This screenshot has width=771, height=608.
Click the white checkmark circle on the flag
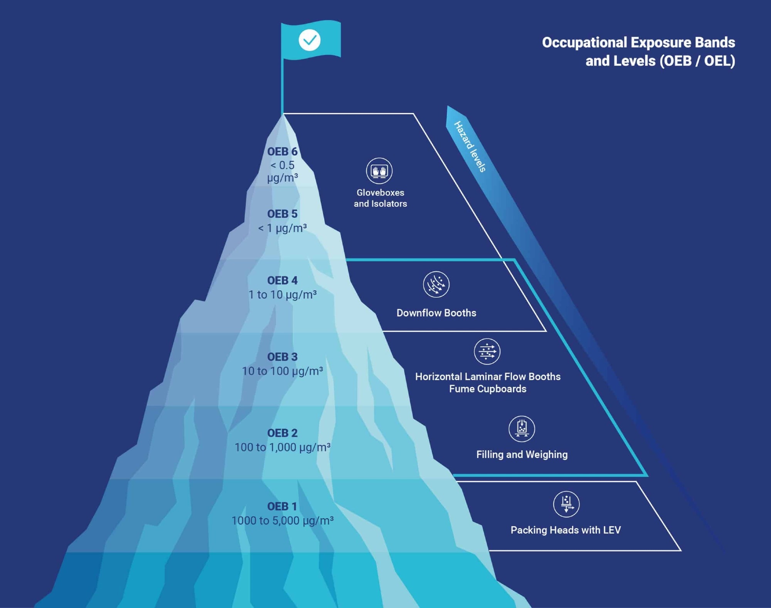click(310, 40)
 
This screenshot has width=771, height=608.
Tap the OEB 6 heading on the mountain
click(282, 152)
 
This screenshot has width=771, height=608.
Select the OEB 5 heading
click(282, 214)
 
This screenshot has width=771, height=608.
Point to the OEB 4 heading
click(282, 280)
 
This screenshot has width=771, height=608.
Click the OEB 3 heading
click(282, 357)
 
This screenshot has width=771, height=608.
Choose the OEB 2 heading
click(282, 433)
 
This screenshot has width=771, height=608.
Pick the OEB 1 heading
click(282, 506)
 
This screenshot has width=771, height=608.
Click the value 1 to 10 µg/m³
click(282, 295)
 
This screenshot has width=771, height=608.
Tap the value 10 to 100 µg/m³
click(282, 371)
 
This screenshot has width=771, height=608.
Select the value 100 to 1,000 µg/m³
click(282, 447)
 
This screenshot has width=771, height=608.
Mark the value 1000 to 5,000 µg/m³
click(282, 520)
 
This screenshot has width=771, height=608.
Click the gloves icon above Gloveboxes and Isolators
click(379, 171)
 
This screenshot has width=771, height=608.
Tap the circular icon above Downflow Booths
click(436, 285)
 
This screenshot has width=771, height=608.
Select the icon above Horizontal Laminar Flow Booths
click(487, 352)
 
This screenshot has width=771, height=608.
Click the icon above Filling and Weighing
click(522, 429)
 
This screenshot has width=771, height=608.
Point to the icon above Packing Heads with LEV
click(566, 504)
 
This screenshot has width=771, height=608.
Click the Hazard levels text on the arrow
click(470, 147)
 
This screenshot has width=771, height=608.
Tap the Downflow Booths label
click(436, 313)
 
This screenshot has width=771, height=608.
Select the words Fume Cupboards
click(488, 389)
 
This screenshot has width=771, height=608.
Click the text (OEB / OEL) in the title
click(697, 61)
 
